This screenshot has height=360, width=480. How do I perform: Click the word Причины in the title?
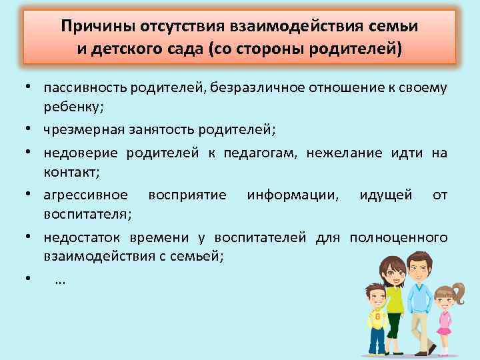coord(97,27)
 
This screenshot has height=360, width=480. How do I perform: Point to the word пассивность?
coord(84,89)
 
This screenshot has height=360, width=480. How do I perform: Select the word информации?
coord(292,195)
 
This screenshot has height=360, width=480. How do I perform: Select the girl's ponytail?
coord(458,291)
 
